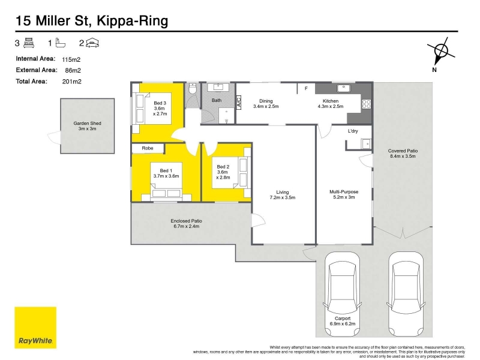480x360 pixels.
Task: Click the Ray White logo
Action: (35, 328)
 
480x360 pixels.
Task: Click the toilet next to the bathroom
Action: (192, 88)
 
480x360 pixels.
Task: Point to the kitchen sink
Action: (344, 88)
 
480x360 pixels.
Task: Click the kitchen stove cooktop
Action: (367, 104)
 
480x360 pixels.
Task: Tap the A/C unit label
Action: (239, 101)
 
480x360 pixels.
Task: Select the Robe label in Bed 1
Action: (148, 148)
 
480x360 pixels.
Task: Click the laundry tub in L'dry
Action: (366, 143)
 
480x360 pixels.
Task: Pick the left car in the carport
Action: (342, 294)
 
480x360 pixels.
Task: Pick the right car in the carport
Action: (406, 294)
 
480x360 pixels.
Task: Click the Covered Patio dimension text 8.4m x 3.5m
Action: (403, 156)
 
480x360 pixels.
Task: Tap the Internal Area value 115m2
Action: (71, 59)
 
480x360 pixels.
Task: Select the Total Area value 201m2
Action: (71, 82)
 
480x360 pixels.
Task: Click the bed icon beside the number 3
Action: (29, 43)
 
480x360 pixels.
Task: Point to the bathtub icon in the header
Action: (61, 43)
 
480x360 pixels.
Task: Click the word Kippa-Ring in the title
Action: (133, 21)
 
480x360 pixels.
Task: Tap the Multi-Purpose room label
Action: (344, 192)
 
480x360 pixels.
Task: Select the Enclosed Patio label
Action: (187, 221)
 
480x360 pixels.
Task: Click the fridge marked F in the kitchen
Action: (306, 88)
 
